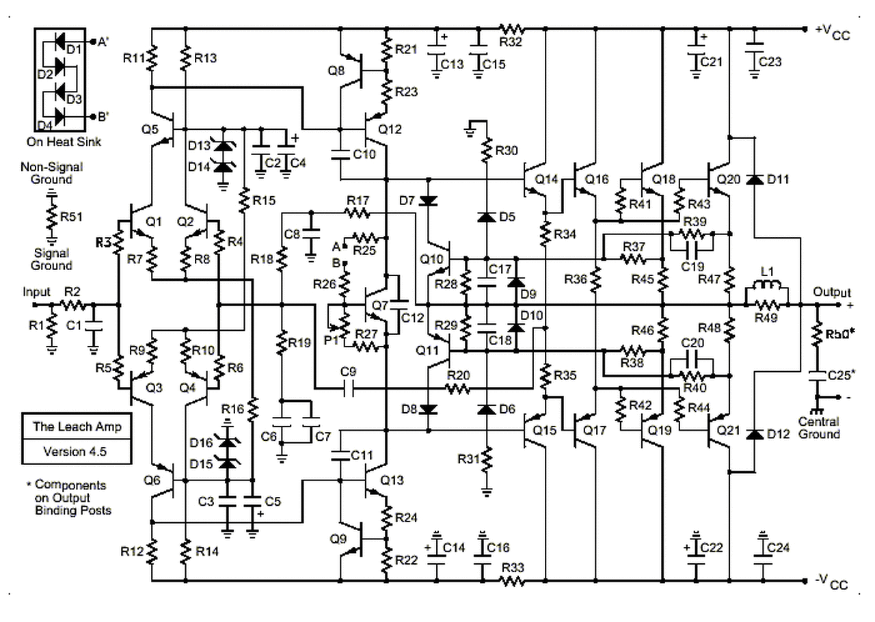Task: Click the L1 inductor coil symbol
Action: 766,285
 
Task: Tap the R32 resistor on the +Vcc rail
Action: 511,29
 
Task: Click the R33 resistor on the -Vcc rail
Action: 511,581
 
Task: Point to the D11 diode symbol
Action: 755,180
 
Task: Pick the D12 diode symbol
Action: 755,434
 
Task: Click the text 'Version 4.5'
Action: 75,452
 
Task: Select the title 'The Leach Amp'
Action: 77,427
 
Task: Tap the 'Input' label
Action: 36,292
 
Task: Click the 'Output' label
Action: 832,293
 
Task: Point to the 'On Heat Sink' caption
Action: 64,141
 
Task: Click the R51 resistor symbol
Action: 51,217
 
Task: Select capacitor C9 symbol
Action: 349,389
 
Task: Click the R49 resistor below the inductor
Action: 766,305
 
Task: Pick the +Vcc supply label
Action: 833,32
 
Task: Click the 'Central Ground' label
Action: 819,428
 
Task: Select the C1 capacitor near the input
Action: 93,326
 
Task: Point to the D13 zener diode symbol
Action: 224,146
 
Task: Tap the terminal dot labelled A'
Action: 93,42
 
